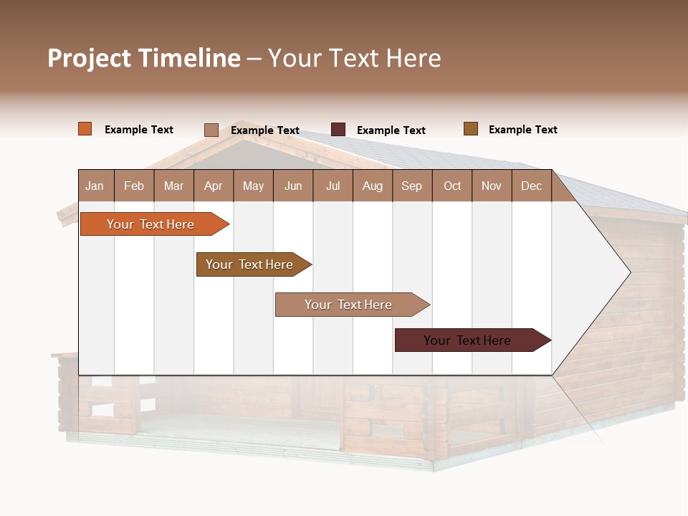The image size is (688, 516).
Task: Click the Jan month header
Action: pos(95,186)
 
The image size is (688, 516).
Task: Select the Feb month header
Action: pos(134,186)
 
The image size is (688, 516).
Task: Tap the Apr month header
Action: pos(213,186)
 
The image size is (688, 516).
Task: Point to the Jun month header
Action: pos(293,186)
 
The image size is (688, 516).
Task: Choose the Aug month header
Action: pos(372,186)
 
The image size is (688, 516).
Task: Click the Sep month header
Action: pos(411,186)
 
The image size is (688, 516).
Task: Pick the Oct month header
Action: pos(452,186)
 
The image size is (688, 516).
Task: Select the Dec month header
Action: pos(531,186)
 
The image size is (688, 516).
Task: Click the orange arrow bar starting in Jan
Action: pos(150,224)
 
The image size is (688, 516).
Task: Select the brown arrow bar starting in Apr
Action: pos(249,264)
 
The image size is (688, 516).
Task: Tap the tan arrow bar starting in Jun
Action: pos(348,305)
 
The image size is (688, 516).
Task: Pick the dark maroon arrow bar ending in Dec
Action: pos(467,340)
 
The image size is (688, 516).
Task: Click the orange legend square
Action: pos(85,129)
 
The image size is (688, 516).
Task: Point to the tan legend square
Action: pos(211,130)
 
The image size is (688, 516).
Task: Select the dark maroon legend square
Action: pos(338,129)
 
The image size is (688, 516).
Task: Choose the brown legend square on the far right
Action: pos(471,129)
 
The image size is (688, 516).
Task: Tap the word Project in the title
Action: pos(90,58)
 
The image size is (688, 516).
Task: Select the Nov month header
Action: pos(492,186)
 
